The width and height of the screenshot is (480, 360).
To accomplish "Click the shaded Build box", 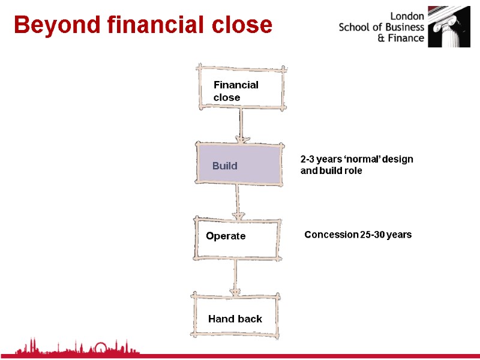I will click(239, 163).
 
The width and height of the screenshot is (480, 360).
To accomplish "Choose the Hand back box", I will click(235, 314).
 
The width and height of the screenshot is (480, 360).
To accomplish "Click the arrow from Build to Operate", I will click(238, 202).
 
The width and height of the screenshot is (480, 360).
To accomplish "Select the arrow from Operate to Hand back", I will click(235, 277).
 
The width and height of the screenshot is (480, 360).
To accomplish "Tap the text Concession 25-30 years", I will click(358, 235).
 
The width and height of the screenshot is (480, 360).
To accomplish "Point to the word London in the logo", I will click(407, 16).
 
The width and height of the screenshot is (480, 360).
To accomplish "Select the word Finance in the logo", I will click(406, 38).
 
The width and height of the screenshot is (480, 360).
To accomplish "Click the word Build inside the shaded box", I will click(224, 166).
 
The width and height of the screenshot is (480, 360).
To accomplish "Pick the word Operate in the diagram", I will click(226, 236).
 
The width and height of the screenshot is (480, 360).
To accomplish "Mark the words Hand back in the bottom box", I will click(235, 319).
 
